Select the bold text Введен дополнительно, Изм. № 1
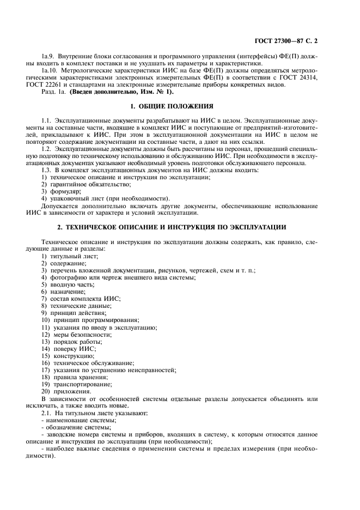click(111, 93)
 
